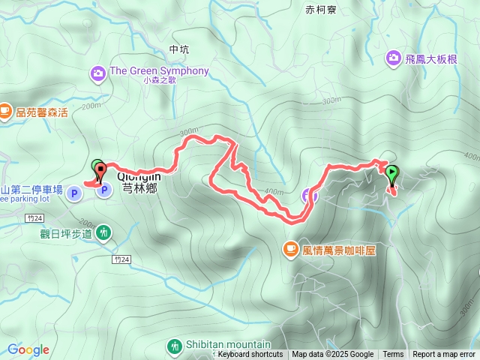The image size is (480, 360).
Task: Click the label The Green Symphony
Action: pyautogui.click(x=159, y=71)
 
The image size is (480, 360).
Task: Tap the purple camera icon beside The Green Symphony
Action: pyautogui.click(x=98, y=73)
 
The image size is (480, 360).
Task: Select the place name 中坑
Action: pyautogui.click(x=179, y=49)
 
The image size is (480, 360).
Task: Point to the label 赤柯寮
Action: pyautogui.click(x=322, y=10)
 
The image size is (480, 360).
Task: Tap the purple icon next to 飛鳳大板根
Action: pyautogui.click(x=394, y=57)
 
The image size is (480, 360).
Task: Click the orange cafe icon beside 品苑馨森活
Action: pyautogui.click(x=5, y=112)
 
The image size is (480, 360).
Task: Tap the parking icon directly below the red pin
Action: pyautogui.click(x=103, y=191)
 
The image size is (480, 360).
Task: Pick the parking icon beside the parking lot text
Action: pyautogui.click(x=74, y=194)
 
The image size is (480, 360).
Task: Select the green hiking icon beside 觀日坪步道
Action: pyautogui.click(x=103, y=233)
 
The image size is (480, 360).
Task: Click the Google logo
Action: pyautogui.click(x=28, y=349)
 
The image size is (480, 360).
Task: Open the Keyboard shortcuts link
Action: pyautogui.click(x=250, y=355)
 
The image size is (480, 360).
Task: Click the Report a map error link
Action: pyautogui.click(x=444, y=355)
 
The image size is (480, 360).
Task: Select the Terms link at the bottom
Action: pyautogui.click(x=393, y=355)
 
